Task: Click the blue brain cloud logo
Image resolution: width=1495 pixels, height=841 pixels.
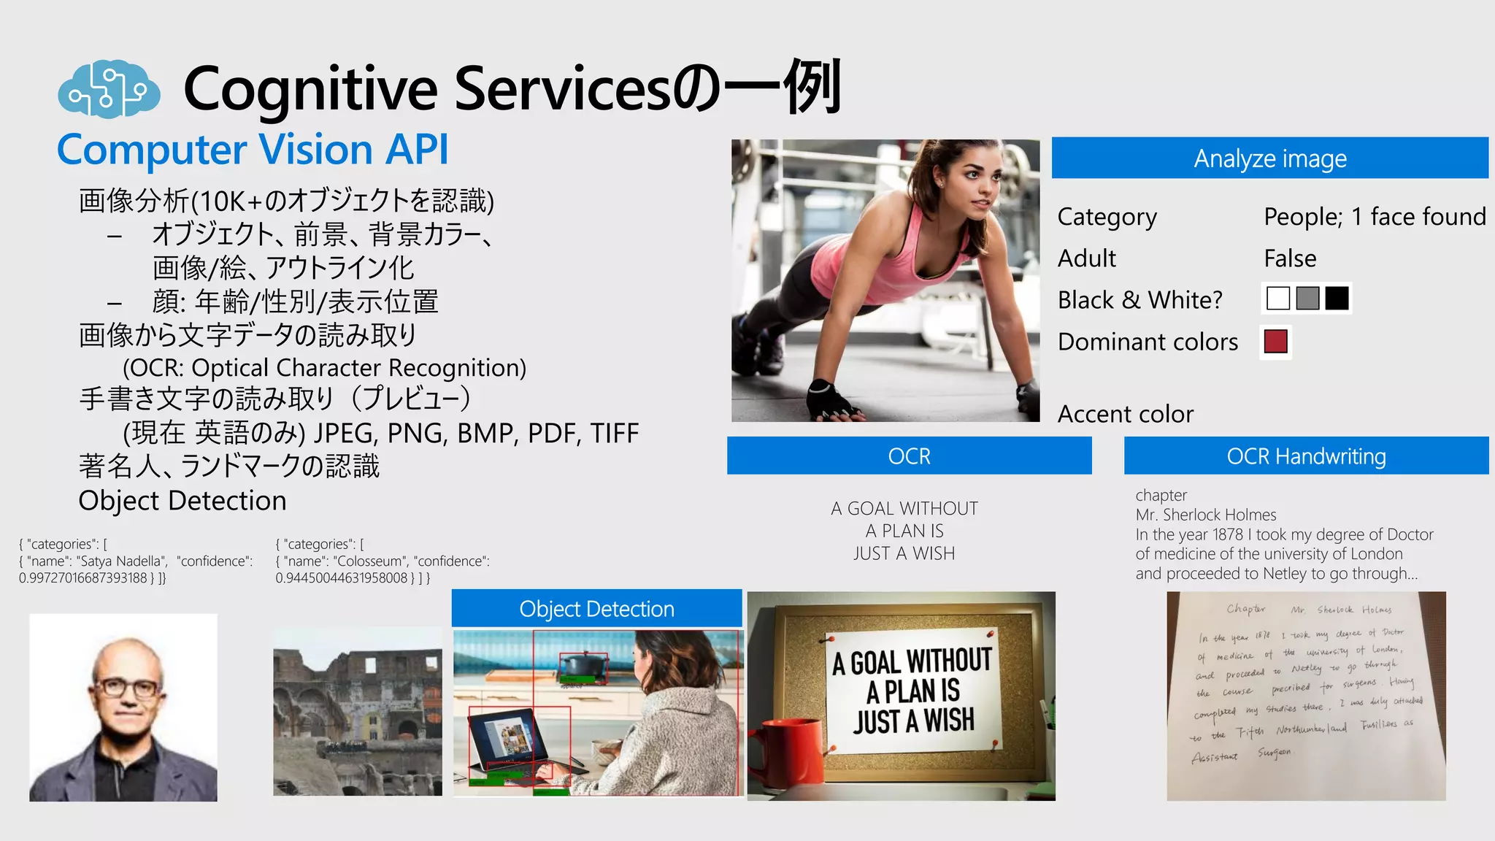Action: pos(109,89)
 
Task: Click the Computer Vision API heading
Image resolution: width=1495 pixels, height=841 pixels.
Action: pos(253,150)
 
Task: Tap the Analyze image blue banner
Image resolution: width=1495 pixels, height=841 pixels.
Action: pos(1269,158)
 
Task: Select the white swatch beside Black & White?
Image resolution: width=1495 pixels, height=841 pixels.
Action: pos(1277,299)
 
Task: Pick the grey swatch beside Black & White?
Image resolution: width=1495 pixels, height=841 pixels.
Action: pos(1307,299)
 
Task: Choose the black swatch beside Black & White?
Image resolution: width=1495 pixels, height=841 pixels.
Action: pos(1337,299)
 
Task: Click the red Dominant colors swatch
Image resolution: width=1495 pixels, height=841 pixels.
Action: pos(1275,342)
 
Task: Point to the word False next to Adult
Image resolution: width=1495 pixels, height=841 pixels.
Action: pos(1290,258)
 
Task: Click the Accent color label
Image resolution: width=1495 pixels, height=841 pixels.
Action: pos(1125,414)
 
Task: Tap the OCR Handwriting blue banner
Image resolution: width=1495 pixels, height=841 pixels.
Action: pos(1306,456)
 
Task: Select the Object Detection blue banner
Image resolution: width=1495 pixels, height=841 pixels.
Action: pos(596,609)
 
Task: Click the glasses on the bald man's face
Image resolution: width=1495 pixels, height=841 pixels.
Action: pos(128,687)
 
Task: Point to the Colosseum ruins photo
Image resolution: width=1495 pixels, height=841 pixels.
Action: pos(357,712)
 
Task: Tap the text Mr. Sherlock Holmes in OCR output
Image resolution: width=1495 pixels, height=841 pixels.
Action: pos(1205,515)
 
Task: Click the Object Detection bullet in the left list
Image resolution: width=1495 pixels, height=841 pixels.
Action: pos(182,501)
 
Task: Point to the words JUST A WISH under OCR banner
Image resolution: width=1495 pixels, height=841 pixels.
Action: pos(904,553)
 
